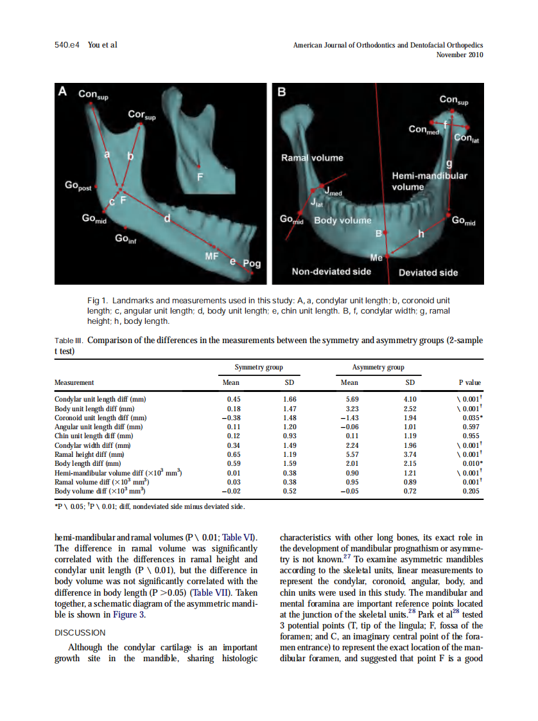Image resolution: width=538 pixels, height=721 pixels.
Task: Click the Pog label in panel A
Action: [x=252, y=263]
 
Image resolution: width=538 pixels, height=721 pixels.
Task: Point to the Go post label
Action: [x=78, y=186]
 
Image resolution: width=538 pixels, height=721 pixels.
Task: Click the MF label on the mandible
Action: [x=212, y=256]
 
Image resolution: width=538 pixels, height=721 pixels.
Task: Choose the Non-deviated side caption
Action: [x=331, y=272]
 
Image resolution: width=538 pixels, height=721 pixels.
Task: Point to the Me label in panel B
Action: [x=377, y=257]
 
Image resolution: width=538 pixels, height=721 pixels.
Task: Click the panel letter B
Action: [x=281, y=92]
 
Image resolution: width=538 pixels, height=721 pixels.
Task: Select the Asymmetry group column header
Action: [x=378, y=368]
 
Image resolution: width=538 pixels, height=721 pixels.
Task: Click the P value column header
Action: [x=469, y=382]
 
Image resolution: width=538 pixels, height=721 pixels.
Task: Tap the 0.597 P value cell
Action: [x=472, y=426]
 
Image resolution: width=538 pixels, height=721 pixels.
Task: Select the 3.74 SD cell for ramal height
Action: [x=410, y=454]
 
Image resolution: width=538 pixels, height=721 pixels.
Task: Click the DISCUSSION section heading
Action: [x=80, y=633]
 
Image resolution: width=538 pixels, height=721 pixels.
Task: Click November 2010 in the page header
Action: [x=459, y=55]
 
